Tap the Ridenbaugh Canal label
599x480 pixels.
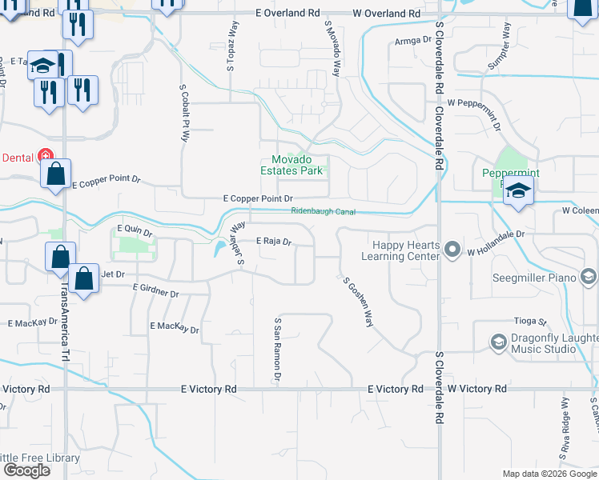pos(323,212)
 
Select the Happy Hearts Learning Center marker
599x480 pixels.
pos(452,250)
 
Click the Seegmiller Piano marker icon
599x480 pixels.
pos(589,277)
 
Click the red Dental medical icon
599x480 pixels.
pos(46,157)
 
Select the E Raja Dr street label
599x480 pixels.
pos(273,240)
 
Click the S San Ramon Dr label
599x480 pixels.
pos(278,349)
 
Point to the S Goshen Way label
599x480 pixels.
pos(358,302)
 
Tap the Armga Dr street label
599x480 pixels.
pos(408,41)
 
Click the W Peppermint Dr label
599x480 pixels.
pos(473,103)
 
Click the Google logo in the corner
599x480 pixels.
pos(26,470)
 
